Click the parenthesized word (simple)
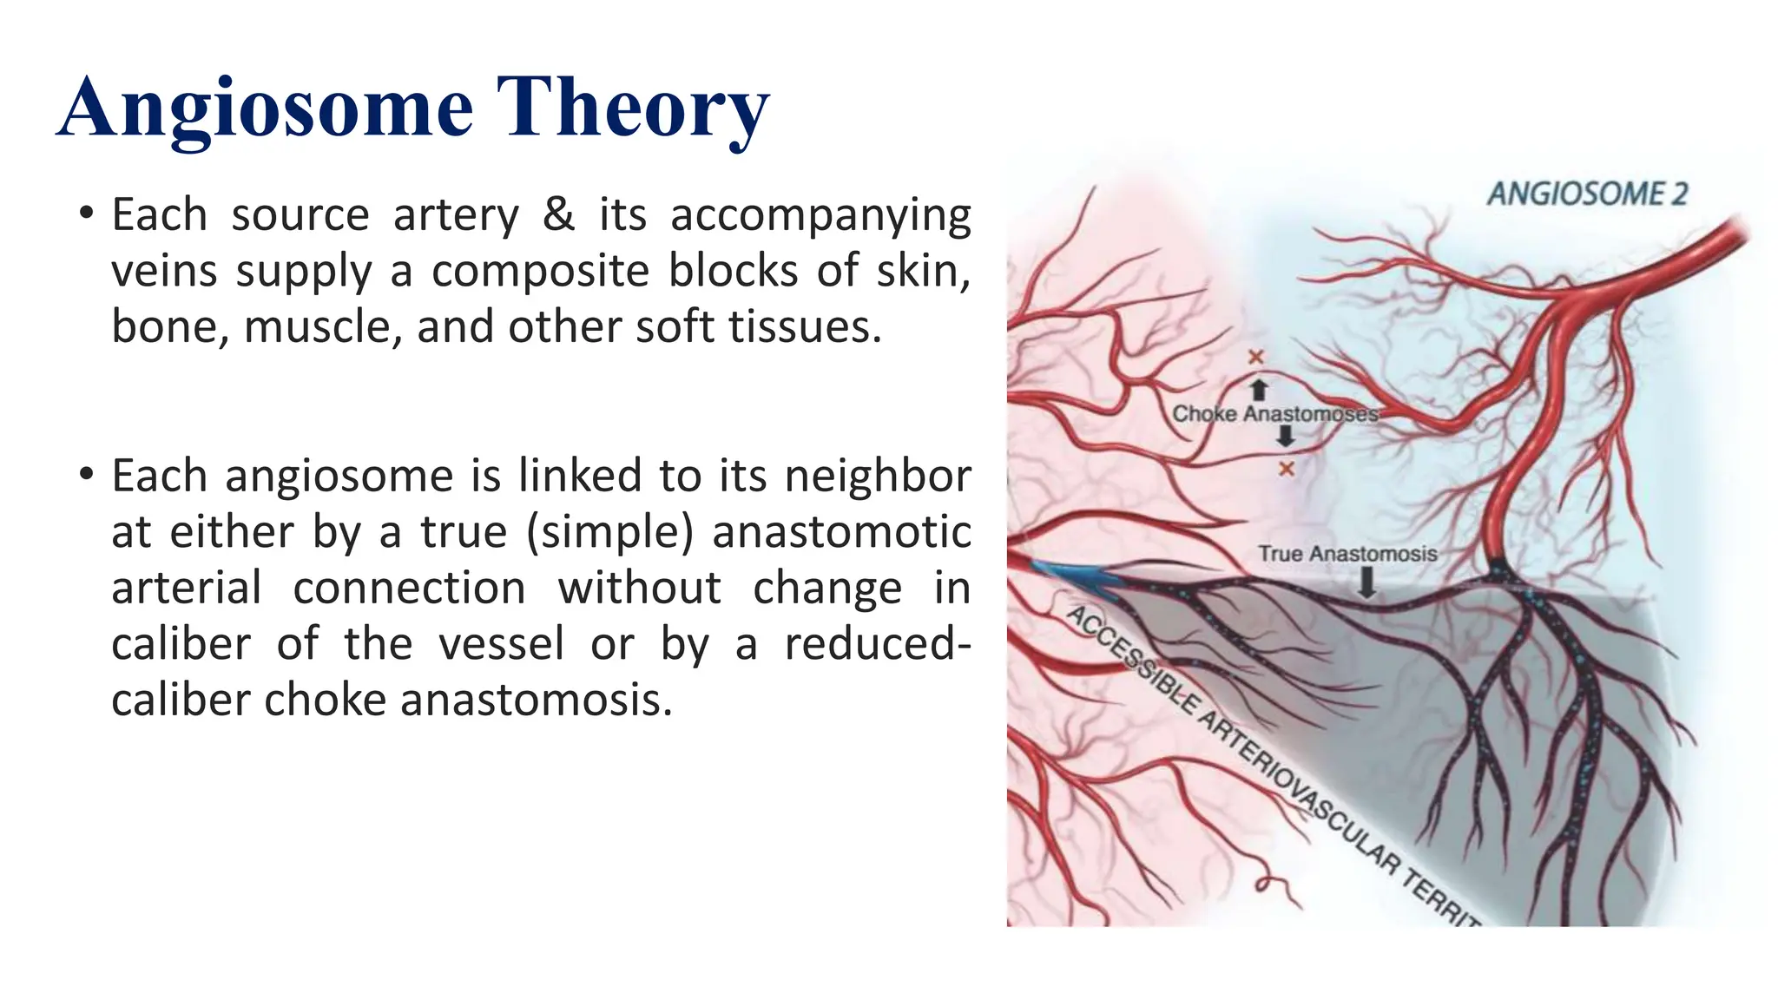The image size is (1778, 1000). pos(610,532)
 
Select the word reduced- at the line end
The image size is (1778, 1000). pos(878,644)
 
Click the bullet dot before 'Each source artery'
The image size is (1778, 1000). pos(85,213)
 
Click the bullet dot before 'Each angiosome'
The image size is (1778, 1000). pos(85,475)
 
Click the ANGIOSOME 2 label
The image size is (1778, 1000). pos(1587,194)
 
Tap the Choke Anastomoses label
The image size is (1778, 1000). pos(1274,414)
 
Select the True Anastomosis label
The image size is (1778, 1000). pos(1347,554)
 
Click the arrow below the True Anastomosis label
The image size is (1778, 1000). pos(1366,582)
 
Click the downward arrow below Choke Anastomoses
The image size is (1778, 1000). pos(1286,438)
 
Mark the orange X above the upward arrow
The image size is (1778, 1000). pos(1256,357)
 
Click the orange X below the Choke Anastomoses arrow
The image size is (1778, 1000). pos(1287,469)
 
